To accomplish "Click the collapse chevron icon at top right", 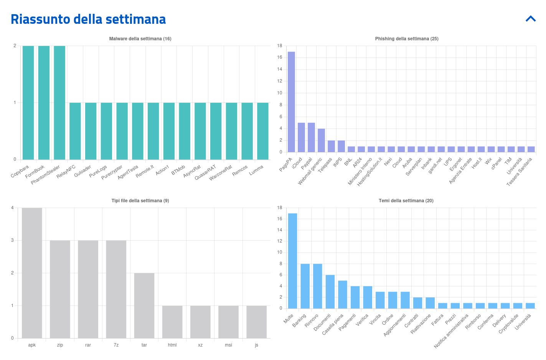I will (x=531, y=18).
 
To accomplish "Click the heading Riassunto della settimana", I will (x=88, y=19).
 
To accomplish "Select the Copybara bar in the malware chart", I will (x=28, y=102).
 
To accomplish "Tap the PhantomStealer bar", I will (x=59, y=102).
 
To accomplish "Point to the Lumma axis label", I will (x=256, y=170).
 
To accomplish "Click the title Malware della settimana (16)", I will (x=140, y=39).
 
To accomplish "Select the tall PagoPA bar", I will (x=291, y=102).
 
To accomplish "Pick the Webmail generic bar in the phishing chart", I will (x=321, y=140).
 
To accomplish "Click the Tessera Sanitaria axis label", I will (x=519, y=172).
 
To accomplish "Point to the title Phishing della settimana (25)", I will (x=406, y=39).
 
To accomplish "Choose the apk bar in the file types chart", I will (x=32, y=273).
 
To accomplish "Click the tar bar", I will (x=144, y=306).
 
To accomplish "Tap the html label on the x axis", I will (x=172, y=345).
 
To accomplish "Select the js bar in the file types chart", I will (x=256, y=322).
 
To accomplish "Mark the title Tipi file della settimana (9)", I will (x=140, y=201).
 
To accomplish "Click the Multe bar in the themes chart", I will (x=293, y=261).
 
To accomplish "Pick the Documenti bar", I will (x=330, y=292).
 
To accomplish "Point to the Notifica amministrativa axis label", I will (x=452, y=331).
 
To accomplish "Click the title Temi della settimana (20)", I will (x=406, y=201).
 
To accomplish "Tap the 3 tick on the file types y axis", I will (x=12, y=240).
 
